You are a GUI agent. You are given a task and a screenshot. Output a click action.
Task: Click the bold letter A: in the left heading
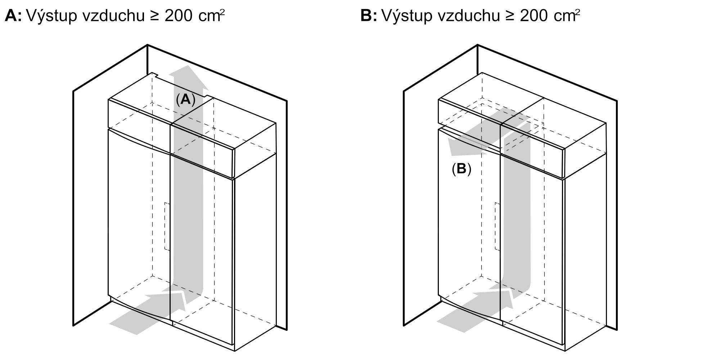[13, 16]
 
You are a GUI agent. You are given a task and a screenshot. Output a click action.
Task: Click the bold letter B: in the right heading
[368, 16]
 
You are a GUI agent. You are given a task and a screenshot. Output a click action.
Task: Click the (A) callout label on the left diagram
[185, 99]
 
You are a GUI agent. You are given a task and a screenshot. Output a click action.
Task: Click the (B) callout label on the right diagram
[461, 169]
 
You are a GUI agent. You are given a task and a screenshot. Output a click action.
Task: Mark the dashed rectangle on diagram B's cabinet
[497, 226]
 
